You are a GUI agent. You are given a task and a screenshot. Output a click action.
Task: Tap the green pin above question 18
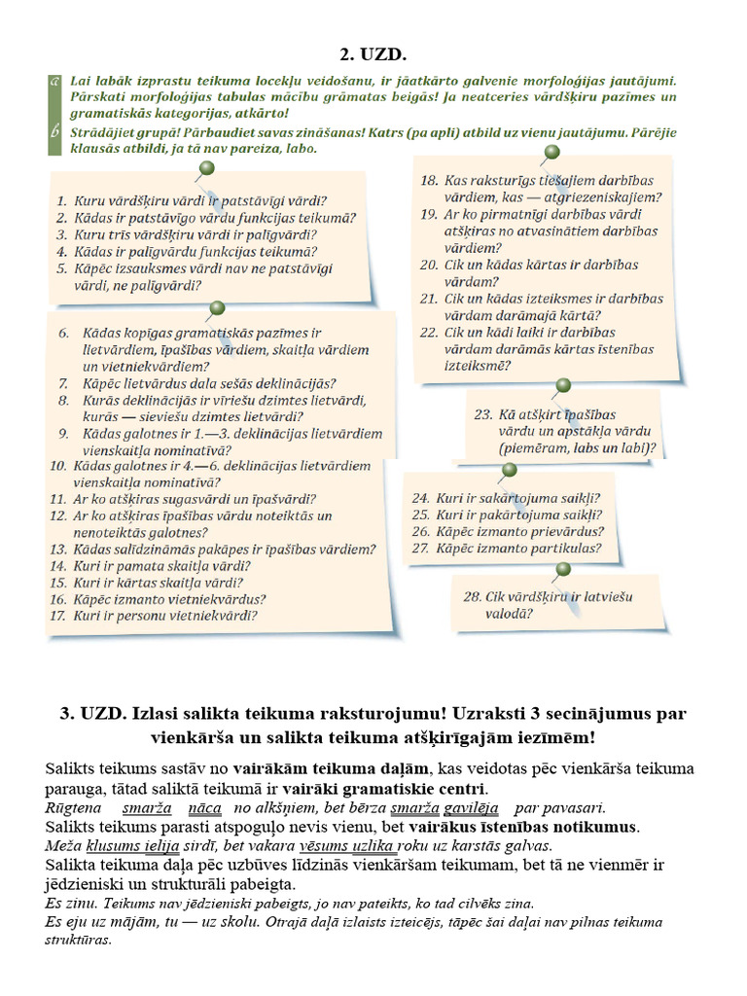click(x=551, y=152)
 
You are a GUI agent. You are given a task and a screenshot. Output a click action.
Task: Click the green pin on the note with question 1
click(x=205, y=170)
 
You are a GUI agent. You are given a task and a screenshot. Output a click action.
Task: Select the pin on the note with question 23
click(x=562, y=385)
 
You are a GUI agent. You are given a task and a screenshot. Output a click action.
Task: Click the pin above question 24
click(x=508, y=471)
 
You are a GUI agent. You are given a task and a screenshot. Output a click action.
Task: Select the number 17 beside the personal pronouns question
click(x=56, y=616)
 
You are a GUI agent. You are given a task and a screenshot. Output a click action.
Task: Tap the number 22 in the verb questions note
click(x=429, y=332)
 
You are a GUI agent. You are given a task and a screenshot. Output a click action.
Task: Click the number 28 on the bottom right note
click(x=473, y=596)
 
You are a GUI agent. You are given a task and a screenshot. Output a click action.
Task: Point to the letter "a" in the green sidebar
click(x=56, y=83)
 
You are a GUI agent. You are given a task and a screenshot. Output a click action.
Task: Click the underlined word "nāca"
click(x=205, y=807)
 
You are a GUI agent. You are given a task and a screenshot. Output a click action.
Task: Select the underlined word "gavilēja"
click(x=472, y=807)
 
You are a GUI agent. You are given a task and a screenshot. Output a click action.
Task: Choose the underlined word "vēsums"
click(x=327, y=845)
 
